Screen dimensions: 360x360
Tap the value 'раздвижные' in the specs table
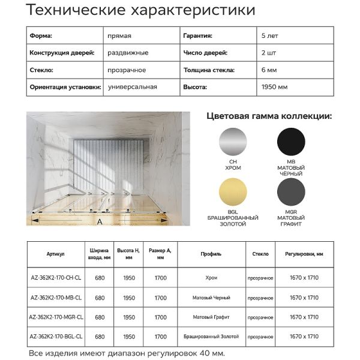(128, 53)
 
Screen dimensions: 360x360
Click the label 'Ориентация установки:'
(65, 87)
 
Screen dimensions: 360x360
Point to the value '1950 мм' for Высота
(275, 87)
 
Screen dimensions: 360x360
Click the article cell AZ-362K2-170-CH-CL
(56, 277)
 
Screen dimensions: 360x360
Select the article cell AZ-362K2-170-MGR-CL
(56, 317)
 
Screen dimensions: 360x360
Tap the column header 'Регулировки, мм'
(304, 254)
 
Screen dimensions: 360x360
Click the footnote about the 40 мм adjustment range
(127, 353)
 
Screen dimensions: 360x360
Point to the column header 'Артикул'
(56, 254)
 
